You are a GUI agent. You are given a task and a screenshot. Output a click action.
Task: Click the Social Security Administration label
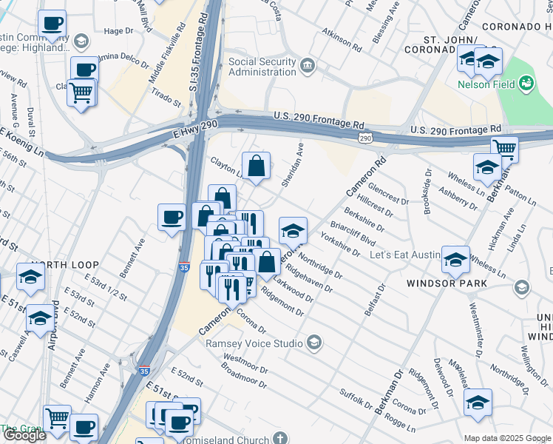point(262,67)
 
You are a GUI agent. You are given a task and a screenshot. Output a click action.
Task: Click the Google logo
point(24,436)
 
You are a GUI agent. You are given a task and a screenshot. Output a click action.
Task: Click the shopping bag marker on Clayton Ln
point(256,168)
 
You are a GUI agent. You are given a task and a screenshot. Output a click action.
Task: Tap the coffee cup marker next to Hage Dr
point(52,24)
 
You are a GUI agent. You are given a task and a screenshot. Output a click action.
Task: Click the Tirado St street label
point(166,95)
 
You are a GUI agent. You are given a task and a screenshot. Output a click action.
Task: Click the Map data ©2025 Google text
point(507,438)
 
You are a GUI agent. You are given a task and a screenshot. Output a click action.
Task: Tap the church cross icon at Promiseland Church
point(279,438)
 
